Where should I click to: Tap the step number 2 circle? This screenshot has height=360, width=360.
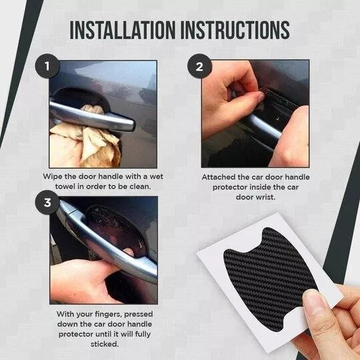[199, 66]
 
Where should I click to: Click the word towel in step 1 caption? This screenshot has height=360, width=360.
[64, 187]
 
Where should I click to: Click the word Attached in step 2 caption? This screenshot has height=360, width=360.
[218, 178]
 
